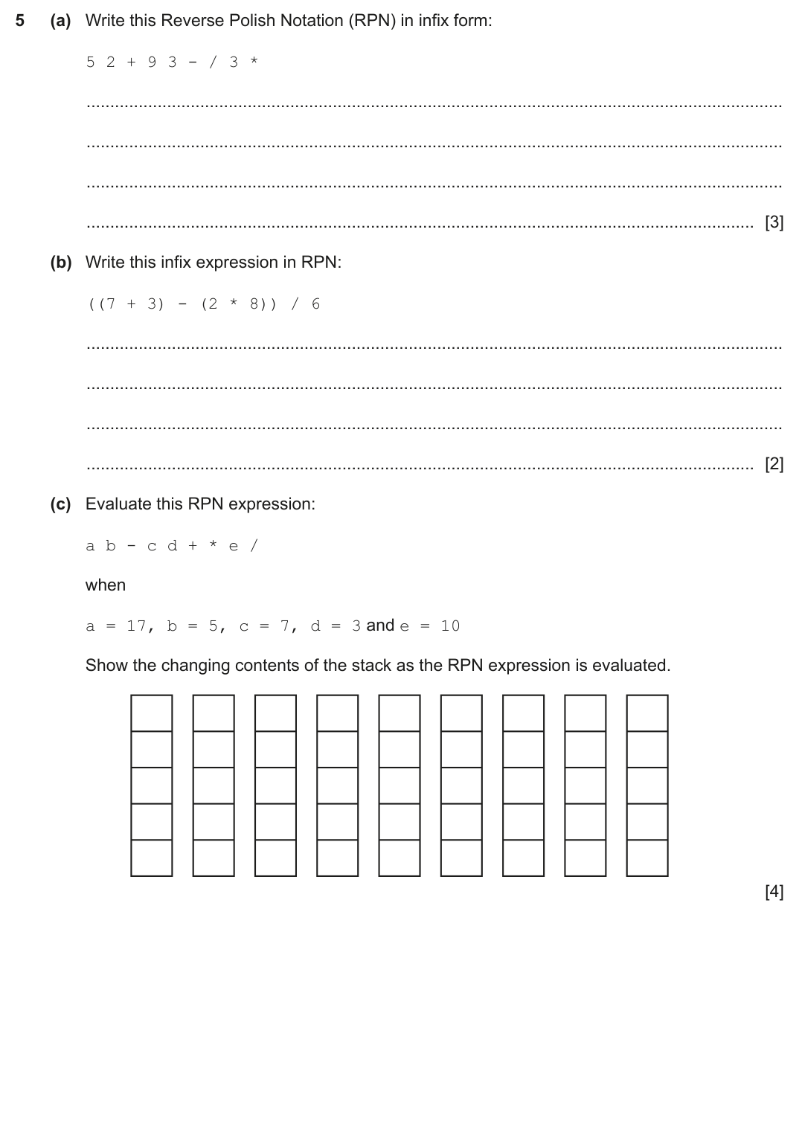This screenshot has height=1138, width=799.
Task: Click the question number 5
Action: pyautogui.click(x=20, y=21)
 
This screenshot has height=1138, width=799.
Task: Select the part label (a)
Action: pyautogui.click(x=61, y=21)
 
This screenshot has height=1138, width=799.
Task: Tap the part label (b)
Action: pyautogui.click(x=61, y=263)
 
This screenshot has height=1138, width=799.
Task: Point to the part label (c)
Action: pyautogui.click(x=61, y=504)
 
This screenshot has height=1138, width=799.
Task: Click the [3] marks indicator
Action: pyautogui.click(x=774, y=222)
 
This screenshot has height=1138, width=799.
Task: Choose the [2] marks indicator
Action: pyautogui.click(x=774, y=464)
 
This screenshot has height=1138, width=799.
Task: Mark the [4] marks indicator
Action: pyautogui.click(x=774, y=892)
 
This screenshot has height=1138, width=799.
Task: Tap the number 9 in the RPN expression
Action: pyautogui.click(x=152, y=62)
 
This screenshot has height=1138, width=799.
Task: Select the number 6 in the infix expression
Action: pyautogui.click(x=316, y=304)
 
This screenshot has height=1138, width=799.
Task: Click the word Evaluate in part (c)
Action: pyautogui.click(x=115, y=504)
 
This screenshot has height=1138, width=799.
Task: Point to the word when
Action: pyautogui.click(x=106, y=585)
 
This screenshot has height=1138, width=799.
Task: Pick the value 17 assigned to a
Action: pyautogui.click(x=136, y=626)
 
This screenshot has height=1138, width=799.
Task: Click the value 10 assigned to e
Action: pyautogui.click(x=450, y=626)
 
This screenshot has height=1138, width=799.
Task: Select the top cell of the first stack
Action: pyautogui.click(x=152, y=713)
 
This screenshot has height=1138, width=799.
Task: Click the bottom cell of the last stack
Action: pyautogui.click(x=647, y=858)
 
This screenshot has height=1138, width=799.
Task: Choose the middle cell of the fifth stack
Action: pyautogui.click(x=399, y=785)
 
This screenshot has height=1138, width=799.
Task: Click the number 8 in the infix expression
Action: pyautogui.click(x=254, y=304)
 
